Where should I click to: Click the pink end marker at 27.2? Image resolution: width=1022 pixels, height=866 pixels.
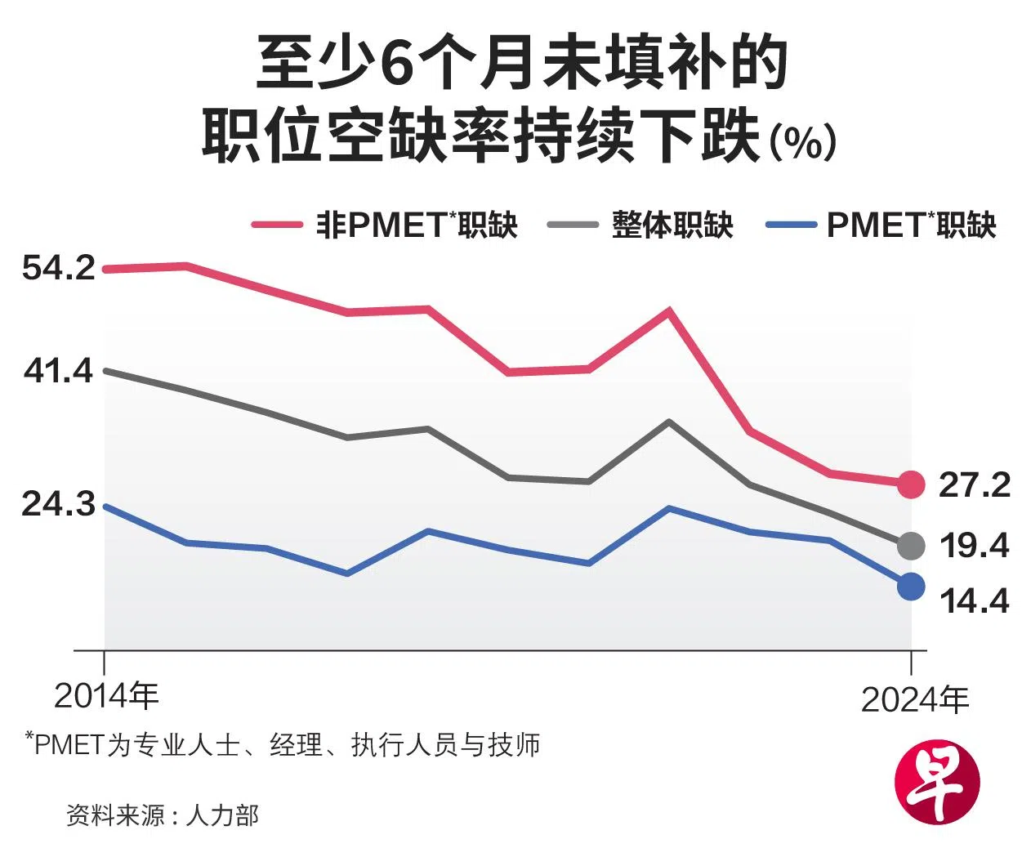click(911, 484)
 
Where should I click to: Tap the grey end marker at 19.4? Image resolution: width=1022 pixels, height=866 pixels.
click(911, 545)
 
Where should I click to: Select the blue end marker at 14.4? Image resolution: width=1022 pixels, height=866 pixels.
click(911, 586)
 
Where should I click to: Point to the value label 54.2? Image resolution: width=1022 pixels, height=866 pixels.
click(59, 267)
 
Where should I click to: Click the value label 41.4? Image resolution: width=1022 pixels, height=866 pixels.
click(59, 371)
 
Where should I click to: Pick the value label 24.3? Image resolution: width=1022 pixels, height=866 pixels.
click(59, 504)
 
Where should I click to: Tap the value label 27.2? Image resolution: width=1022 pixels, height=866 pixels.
click(974, 484)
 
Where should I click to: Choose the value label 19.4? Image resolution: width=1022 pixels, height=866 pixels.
click(974, 545)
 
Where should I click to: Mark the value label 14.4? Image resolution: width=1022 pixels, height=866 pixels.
click(974, 601)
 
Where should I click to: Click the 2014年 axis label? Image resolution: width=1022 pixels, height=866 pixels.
click(106, 695)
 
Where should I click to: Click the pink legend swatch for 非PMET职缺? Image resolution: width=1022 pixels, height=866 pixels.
click(276, 225)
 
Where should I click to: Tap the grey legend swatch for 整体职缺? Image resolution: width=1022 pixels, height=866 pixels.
click(573, 225)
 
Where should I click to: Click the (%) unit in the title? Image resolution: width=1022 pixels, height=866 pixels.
click(804, 143)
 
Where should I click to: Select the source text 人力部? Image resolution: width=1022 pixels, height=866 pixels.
click(222, 815)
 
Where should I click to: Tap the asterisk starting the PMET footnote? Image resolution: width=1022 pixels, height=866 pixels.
click(30, 738)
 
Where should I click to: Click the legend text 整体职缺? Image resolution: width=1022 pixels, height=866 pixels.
click(672, 225)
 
